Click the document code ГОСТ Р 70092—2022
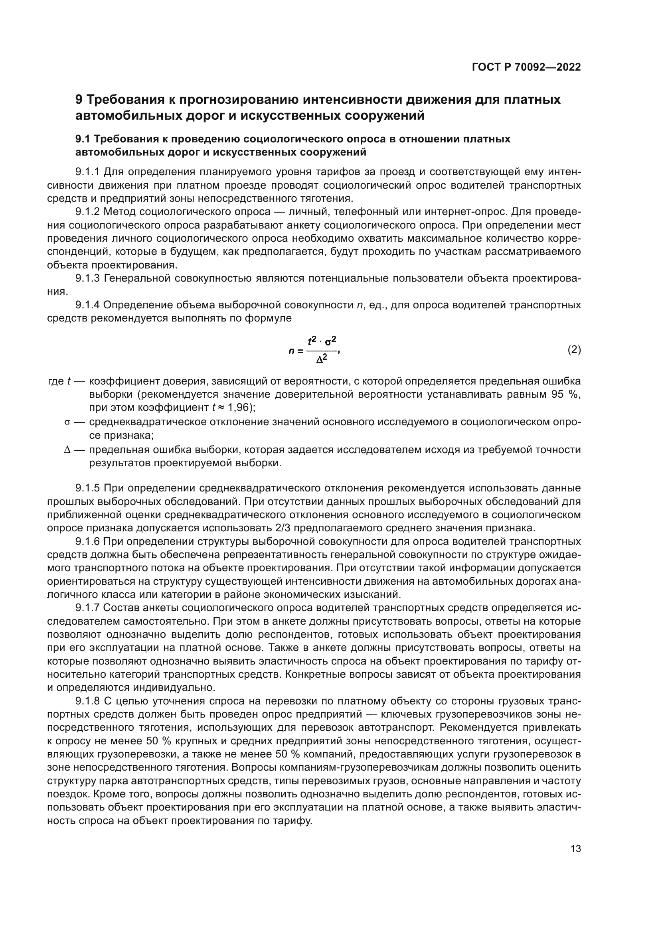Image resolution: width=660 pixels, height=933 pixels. tap(526, 67)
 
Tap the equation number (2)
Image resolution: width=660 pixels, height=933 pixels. tap(574, 350)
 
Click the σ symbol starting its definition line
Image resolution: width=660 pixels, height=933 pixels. tap(67, 422)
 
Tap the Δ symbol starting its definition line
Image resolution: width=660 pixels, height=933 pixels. tap(67, 450)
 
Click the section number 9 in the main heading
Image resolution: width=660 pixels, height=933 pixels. tap(79, 100)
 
